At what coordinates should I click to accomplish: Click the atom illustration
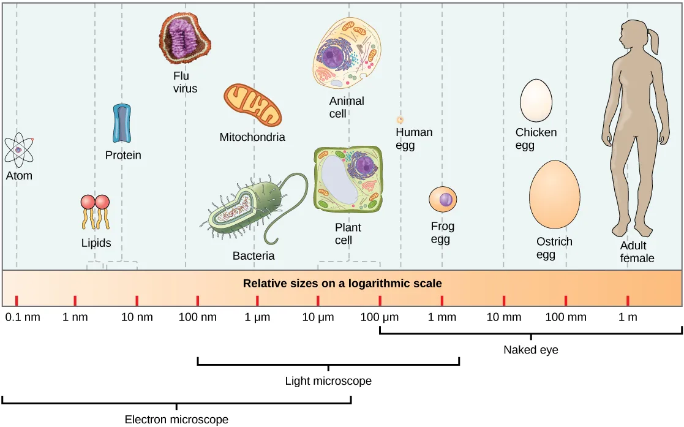[19, 149]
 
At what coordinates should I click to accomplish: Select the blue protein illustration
[122, 124]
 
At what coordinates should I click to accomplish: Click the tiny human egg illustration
[400, 120]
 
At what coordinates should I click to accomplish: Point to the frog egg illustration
[443, 200]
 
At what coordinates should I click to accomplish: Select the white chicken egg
[536, 102]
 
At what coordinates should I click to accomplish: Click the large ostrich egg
[554, 194]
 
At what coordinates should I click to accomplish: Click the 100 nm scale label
[198, 317]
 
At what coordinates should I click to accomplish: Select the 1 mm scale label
[442, 317]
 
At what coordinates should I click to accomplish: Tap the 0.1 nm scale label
[23, 317]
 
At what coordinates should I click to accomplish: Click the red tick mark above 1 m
[628, 300]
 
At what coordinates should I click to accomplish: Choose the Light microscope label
[328, 381]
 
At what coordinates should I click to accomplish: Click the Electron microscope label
[176, 420]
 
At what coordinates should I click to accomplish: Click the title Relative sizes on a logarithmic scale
[342, 284]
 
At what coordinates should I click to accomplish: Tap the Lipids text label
[96, 243]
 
